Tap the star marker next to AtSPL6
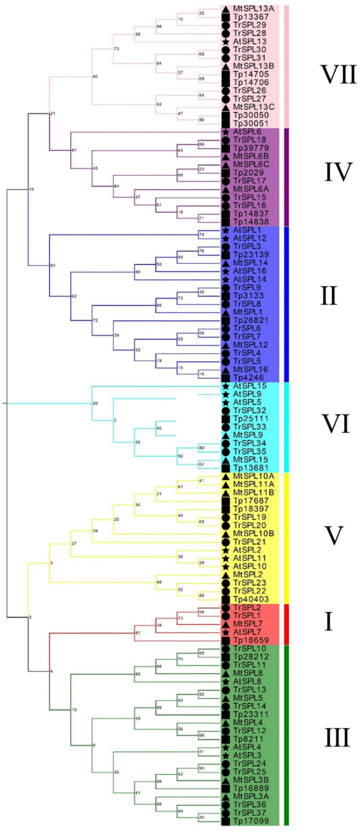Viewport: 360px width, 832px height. point(226,132)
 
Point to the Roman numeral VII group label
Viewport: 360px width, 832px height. point(338,74)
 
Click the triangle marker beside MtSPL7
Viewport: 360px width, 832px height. point(226,624)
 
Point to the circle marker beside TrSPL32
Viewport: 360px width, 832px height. point(226,410)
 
